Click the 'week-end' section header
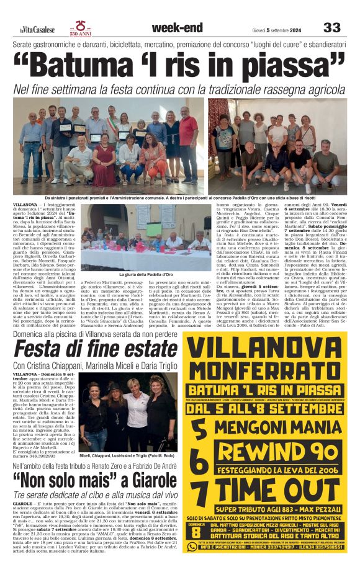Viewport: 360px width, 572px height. tap(177, 27)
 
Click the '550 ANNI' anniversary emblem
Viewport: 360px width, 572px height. tap(81, 28)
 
